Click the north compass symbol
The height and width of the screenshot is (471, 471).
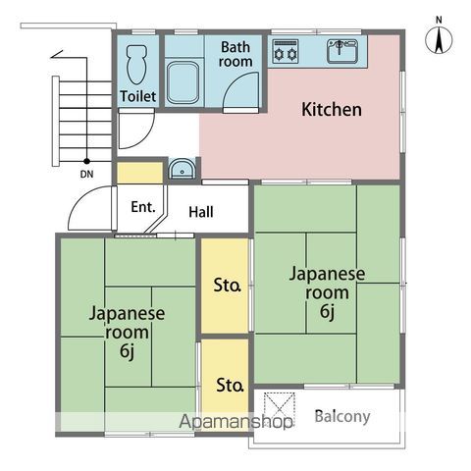click(439, 39)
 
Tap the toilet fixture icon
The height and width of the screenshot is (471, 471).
click(137, 62)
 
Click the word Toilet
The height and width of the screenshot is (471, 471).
click(137, 96)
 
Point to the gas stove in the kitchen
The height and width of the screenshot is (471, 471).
click(285, 50)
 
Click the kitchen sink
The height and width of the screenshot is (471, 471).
click(343, 50)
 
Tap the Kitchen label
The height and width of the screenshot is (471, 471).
click(332, 110)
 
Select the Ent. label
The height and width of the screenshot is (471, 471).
click(142, 207)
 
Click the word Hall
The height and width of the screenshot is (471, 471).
click(201, 211)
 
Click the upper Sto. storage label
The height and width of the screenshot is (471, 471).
click(228, 287)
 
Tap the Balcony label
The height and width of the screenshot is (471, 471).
click(342, 416)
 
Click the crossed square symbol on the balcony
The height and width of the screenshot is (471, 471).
click(282, 406)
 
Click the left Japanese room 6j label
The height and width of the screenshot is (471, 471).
click(128, 333)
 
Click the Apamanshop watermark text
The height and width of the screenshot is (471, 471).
click(235, 422)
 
